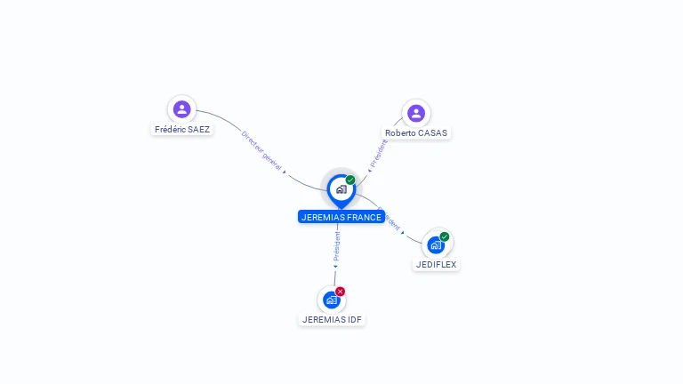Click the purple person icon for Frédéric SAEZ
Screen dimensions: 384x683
pos(182,109)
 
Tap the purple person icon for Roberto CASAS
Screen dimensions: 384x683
pos(416,113)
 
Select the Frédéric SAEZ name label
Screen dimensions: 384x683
pos(182,129)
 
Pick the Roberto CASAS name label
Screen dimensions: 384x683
pos(416,132)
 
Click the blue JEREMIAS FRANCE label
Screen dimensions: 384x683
pos(341,217)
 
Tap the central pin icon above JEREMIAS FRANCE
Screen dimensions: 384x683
pos(341,189)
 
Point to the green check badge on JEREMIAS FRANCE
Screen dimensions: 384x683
pos(350,180)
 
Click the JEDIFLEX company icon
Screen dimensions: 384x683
pos(436,244)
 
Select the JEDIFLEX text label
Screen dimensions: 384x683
pos(437,264)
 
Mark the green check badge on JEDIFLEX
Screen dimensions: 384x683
pos(445,236)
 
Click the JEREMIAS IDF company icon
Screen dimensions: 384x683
pos(332,300)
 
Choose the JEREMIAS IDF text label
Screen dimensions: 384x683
pos(333,319)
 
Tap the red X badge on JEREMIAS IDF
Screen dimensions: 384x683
pos(341,292)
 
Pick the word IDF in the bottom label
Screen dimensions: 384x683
pos(355,319)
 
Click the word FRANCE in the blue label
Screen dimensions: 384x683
pos(364,217)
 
